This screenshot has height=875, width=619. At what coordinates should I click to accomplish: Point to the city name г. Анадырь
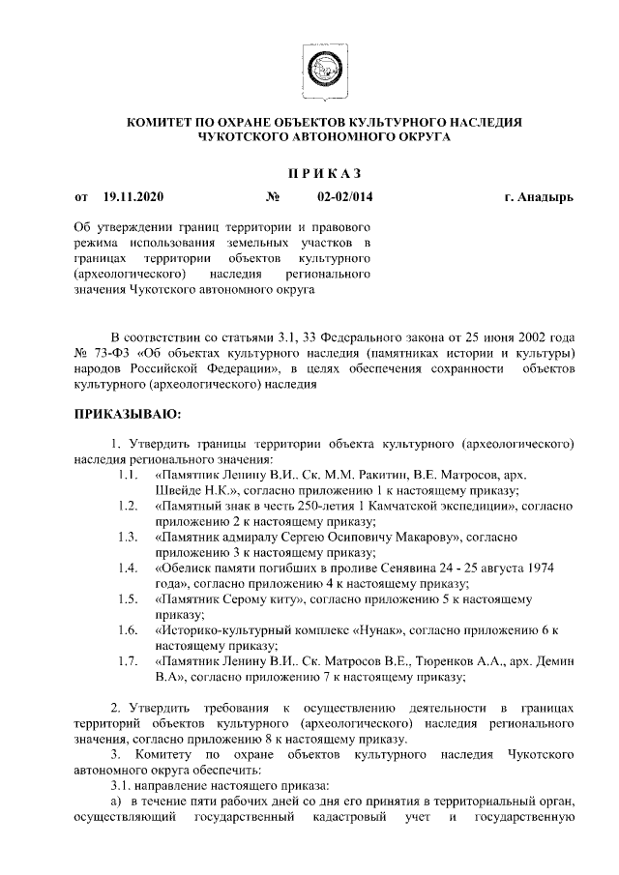click(x=538, y=197)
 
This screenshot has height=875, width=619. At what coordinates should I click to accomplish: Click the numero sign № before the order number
click(x=272, y=197)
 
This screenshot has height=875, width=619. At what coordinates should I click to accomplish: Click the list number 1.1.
click(x=126, y=476)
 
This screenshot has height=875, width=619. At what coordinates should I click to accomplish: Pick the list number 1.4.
click(x=126, y=568)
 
